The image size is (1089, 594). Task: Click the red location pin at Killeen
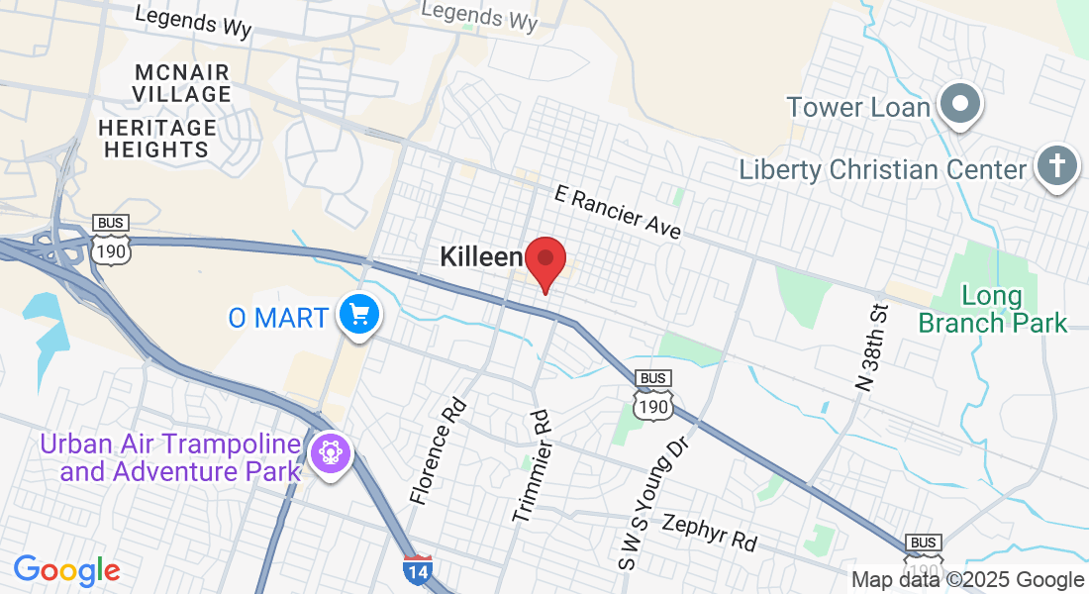544,260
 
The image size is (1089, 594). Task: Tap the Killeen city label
480,258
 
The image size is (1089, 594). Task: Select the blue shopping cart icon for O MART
359,316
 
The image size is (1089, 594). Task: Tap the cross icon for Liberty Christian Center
1056,166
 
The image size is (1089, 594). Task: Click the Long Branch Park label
993,309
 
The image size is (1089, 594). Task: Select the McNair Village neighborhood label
183,84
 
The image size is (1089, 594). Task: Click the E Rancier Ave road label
619,212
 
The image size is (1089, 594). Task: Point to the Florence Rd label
437,450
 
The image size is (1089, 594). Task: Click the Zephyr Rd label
710,533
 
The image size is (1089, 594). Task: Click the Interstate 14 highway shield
418,569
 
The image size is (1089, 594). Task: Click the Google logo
66,570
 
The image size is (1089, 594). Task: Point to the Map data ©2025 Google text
967,580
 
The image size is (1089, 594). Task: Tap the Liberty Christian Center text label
883,169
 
